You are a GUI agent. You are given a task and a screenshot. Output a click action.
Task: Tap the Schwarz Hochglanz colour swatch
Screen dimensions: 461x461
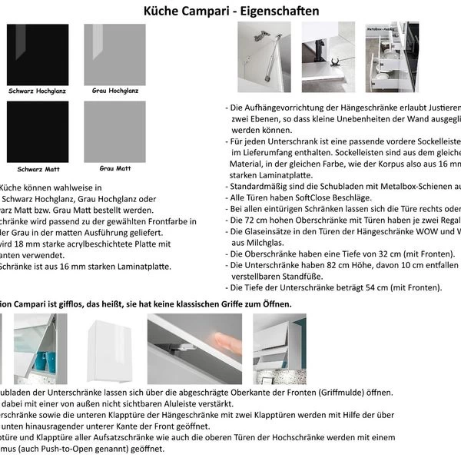coord(37,55)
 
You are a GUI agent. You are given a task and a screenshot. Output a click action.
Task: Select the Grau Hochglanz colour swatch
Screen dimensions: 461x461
coord(114,55)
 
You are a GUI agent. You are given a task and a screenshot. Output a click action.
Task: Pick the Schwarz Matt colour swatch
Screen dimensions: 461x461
coord(37,131)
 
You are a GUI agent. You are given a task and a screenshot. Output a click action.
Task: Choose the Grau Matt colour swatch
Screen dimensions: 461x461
coord(114,131)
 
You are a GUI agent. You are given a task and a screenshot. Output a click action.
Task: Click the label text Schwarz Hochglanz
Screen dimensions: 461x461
coord(37,91)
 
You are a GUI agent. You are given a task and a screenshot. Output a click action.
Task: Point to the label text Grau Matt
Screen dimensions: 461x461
coord(114,167)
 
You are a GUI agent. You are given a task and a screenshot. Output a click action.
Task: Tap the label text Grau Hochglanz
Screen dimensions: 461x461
coord(114,91)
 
